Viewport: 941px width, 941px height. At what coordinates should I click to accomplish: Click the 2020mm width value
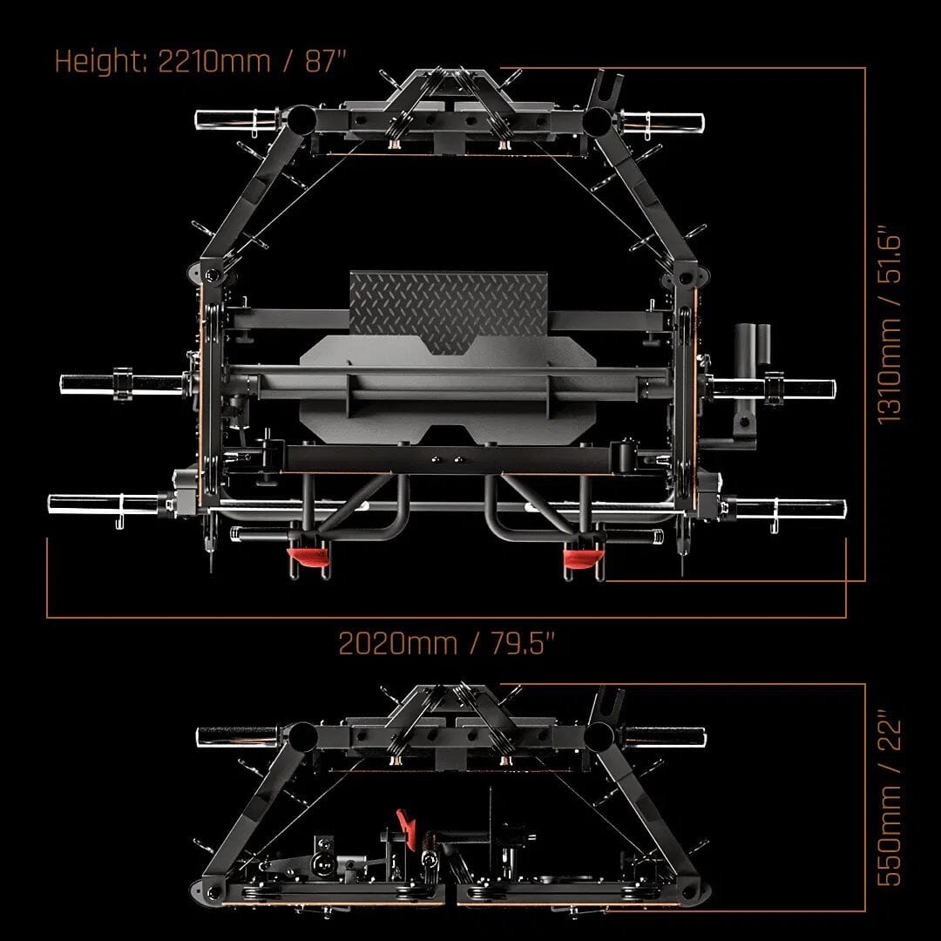[x=396, y=644]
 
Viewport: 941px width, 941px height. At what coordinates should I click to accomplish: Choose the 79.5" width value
[x=519, y=644]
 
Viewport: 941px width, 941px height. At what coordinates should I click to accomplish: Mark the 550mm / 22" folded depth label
[x=894, y=800]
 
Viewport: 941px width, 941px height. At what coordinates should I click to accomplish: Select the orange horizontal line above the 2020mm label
[x=444, y=617]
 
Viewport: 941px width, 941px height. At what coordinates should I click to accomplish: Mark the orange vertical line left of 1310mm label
[x=864, y=322]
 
